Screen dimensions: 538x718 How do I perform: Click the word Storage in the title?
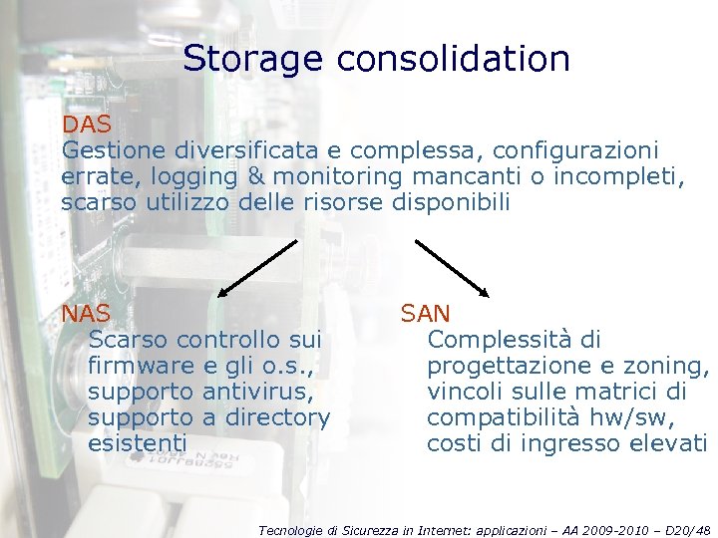click(253, 59)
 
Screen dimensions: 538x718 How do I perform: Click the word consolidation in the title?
click(454, 59)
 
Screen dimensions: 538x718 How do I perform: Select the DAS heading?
click(87, 127)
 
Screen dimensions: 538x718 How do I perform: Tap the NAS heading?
click(86, 314)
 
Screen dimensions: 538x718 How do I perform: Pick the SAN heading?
click(426, 314)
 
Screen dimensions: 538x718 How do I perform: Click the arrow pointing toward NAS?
click(257, 268)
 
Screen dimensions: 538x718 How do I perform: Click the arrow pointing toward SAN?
click(451, 268)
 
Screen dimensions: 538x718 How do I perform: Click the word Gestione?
click(114, 152)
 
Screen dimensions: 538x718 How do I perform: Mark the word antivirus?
click(239, 392)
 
